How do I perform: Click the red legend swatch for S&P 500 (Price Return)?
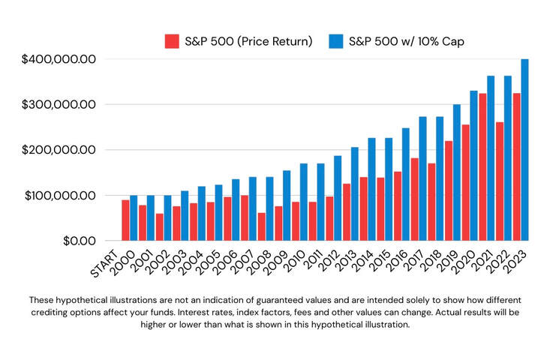click(172, 41)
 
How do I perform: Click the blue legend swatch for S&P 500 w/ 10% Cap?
click(336, 41)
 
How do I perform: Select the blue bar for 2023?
click(524, 150)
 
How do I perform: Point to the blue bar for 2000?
click(134, 217)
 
